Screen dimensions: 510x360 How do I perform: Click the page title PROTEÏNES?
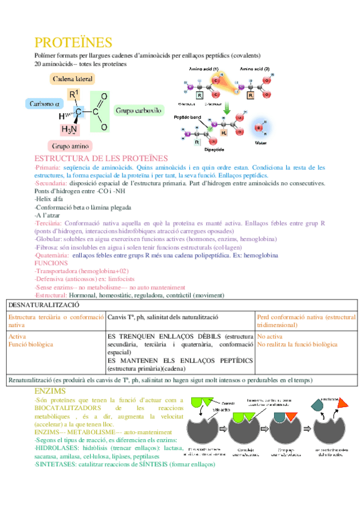[x=73, y=43]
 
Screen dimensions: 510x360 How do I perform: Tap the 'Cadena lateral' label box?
[x=73, y=79]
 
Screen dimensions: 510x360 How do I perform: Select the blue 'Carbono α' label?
[x=45, y=103]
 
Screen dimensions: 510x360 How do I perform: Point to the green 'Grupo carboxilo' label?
[x=138, y=111]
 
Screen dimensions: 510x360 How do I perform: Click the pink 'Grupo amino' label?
[x=70, y=146]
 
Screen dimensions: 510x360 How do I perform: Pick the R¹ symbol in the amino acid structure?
[x=73, y=94]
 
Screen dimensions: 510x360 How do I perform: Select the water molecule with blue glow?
[x=260, y=127]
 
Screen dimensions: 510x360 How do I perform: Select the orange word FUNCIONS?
[x=51, y=263]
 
